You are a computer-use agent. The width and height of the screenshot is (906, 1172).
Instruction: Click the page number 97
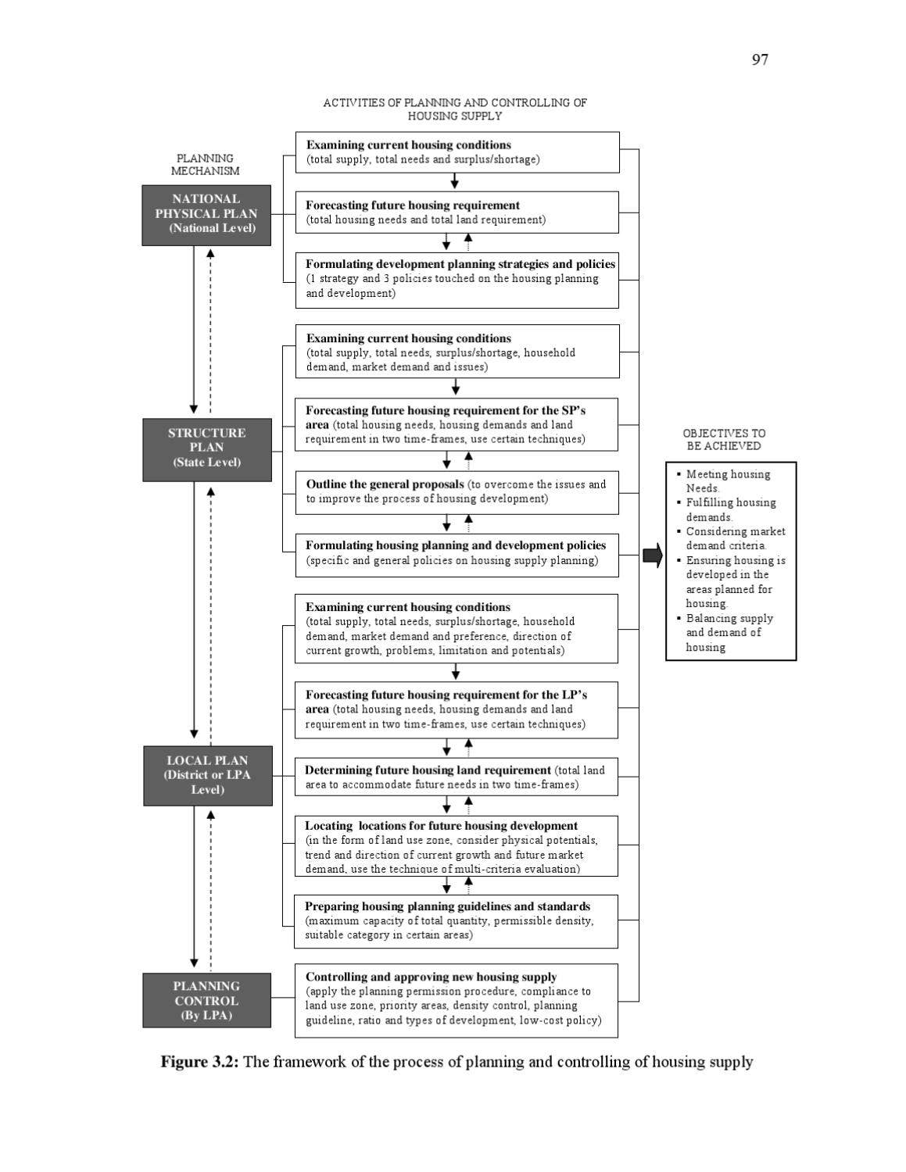(759, 60)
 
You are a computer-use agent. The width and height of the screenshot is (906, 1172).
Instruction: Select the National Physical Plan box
(206, 214)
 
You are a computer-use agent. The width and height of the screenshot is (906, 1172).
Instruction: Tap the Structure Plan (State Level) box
(207, 448)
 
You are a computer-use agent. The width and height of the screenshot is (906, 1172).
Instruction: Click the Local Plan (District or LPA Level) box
(208, 775)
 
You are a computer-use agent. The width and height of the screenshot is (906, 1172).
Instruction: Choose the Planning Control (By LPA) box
(207, 1000)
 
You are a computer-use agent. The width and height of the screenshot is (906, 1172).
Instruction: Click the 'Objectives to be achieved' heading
(724, 439)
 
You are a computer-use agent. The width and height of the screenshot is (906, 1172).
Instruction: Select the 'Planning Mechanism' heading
(205, 164)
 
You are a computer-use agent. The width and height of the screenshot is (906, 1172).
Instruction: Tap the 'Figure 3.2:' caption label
(199, 1062)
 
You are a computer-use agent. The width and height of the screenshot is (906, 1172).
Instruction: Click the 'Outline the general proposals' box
(457, 491)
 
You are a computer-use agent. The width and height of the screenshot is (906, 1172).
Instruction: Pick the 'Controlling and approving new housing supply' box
(456, 999)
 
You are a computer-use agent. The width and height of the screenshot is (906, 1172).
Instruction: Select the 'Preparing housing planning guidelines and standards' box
(456, 920)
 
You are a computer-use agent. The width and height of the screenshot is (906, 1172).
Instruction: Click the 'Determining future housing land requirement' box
(456, 777)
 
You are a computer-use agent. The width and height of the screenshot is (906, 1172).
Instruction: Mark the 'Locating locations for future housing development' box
(456, 846)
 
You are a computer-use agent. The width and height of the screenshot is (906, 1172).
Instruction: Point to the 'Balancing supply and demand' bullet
(729, 633)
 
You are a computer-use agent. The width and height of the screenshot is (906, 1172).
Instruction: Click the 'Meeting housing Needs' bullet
(727, 481)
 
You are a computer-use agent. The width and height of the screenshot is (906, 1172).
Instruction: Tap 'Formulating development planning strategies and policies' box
(457, 279)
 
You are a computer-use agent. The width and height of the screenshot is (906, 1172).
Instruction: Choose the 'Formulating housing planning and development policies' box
(457, 553)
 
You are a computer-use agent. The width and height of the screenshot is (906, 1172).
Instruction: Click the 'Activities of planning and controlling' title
(455, 109)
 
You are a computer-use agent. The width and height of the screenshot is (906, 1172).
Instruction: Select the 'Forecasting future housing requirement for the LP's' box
(456, 709)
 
